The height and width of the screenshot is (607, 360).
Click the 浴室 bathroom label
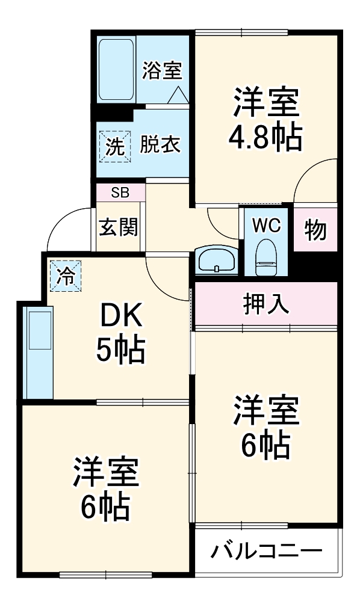point(162,71)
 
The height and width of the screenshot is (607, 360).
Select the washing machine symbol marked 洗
point(114,146)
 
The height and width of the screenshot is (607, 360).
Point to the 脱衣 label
point(161,145)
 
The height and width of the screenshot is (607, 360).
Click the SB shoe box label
point(120,193)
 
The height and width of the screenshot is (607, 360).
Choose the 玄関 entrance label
point(119,227)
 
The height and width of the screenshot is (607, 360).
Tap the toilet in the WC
point(265,257)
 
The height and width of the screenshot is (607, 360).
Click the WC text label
point(265,226)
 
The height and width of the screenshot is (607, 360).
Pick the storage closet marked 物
point(315,229)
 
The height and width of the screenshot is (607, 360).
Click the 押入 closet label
point(266,304)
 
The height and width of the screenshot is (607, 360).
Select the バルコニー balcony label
point(266,550)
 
